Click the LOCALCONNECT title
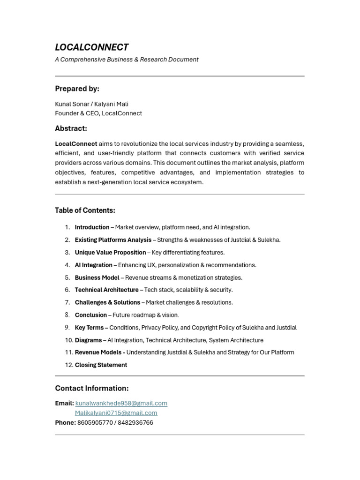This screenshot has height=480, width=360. point(91,47)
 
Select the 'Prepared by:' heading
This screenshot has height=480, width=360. point(77,89)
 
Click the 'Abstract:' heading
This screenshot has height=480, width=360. point(71,128)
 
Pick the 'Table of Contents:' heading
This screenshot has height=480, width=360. point(85,210)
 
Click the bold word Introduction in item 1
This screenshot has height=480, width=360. point(92,227)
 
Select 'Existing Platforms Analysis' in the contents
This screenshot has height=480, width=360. point(113,240)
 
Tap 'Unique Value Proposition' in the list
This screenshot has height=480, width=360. point(110,253)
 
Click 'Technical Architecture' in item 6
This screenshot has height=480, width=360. point(106,290)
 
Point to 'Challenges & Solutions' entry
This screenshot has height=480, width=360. point(107,302)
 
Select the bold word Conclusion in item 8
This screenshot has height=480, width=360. point(90,315)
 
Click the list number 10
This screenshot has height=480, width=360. point(69,340)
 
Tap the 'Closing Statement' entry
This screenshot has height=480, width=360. point(101,365)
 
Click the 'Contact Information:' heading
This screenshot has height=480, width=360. point(91,388)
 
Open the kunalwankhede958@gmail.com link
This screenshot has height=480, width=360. point(121,403)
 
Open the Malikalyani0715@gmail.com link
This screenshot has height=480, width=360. point(116,413)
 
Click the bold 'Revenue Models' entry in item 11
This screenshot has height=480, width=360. point(98,352)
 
